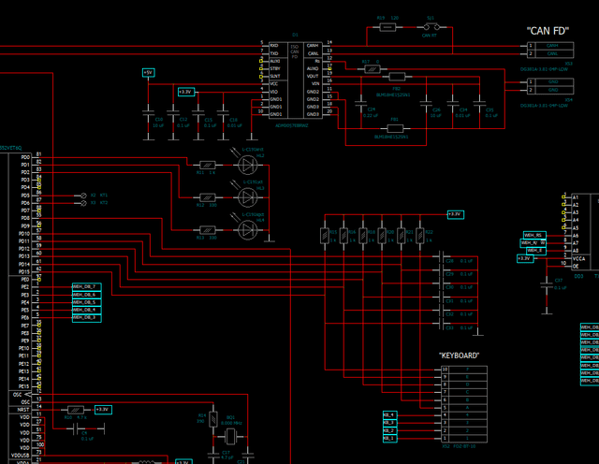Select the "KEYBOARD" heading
pos(459,355)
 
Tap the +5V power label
pos(148,72)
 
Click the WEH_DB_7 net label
pos(85,285)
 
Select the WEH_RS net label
pos(533,234)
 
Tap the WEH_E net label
pos(533,250)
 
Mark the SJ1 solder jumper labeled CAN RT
pos(431,28)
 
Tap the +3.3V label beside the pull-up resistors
pos(454,214)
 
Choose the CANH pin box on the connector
pos(552,45)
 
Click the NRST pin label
pos(23,410)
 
